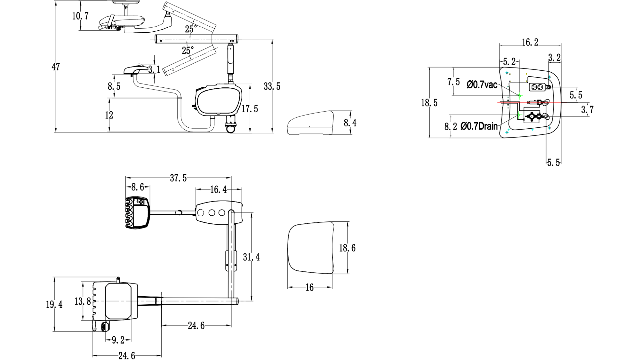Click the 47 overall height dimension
[56, 67]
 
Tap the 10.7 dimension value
[80, 16]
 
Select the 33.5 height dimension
[272, 86]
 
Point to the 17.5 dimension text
[250, 109]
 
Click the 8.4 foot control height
[350, 123]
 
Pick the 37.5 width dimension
[178, 178]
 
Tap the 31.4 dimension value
[251, 257]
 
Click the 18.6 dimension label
[347, 248]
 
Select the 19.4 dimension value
[54, 305]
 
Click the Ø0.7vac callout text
[482, 85]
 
